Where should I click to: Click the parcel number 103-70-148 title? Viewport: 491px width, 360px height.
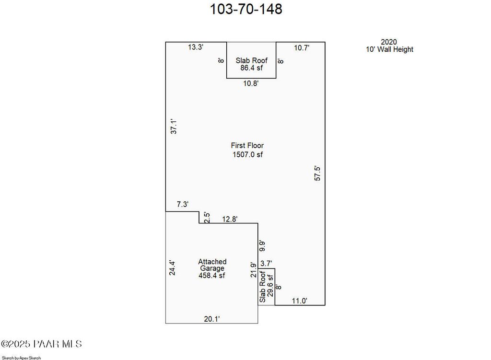tap(246, 9)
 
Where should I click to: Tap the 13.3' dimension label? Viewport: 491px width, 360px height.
tap(196, 47)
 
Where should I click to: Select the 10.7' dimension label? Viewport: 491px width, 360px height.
tap(302, 48)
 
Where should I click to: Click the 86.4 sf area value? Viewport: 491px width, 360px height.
tap(251, 68)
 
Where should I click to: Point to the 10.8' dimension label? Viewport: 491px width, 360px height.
tap(251, 83)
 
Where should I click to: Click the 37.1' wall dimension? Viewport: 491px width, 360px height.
tap(174, 126)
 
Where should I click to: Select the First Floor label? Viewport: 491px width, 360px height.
tap(247, 146)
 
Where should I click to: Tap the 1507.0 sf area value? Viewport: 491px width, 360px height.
tap(248, 154)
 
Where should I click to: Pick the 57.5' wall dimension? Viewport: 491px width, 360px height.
tap(317, 174)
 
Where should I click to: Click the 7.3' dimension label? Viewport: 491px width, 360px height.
tap(183, 204)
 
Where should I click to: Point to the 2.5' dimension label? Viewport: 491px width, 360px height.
tap(207, 218)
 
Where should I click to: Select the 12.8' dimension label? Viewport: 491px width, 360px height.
tap(230, 219)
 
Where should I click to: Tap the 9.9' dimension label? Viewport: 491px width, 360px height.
tap(262, 246)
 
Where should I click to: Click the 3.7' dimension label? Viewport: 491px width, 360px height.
tap(266, 264)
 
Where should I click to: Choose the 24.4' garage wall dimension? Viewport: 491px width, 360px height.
tap(172, 268)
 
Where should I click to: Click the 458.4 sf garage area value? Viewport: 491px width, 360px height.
tap(212, 276)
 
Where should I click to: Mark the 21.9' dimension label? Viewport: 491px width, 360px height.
tap(253, 270)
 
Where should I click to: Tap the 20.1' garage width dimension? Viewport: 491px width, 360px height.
tap(212, 319)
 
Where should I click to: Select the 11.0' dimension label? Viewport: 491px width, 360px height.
tap(300, 301)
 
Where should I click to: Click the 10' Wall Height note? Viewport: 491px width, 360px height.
tap(389, 49)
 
